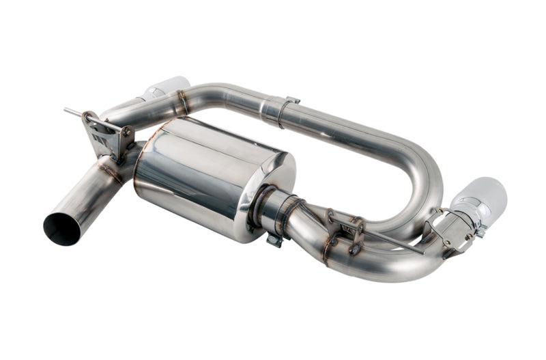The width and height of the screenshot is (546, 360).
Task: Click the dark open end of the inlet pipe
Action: (x=62, y=229)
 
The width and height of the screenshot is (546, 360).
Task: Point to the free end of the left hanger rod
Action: (x=68, y=110)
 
